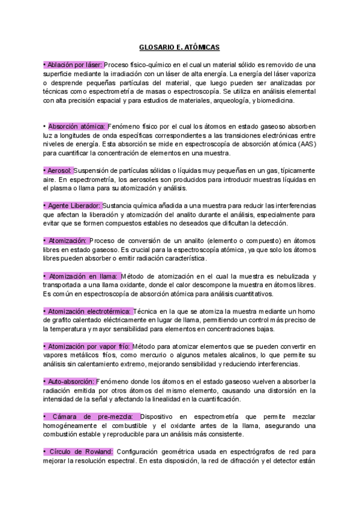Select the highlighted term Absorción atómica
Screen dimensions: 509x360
[77, 127]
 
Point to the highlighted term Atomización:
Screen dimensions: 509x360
[67, 241]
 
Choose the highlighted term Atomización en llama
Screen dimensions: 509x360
[82, 276]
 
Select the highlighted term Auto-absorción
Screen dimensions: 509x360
[70, 381]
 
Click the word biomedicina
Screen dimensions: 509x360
[275, 101]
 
